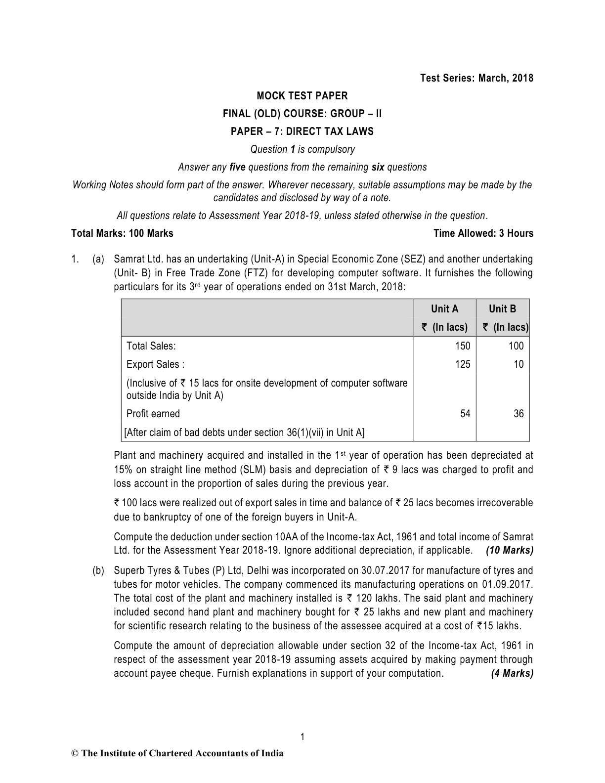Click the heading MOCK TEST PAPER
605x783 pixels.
point(302,96)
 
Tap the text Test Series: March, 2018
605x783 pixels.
point(476,78)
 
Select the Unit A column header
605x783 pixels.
point(444,309)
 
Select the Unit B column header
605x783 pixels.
point(502,309)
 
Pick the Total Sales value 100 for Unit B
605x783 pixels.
point(516,346)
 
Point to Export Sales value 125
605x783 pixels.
point(463,364)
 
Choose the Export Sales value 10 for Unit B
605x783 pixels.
point(518,364)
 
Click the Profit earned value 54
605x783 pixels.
point(465,414)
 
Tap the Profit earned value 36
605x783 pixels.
point(518,414)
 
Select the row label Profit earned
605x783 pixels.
point(153,414)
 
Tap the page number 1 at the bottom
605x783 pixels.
point(302,738)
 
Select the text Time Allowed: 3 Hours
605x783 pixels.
point(483,233)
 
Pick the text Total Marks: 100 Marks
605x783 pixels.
point(122,233)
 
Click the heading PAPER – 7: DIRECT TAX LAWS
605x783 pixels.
point(302,131)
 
